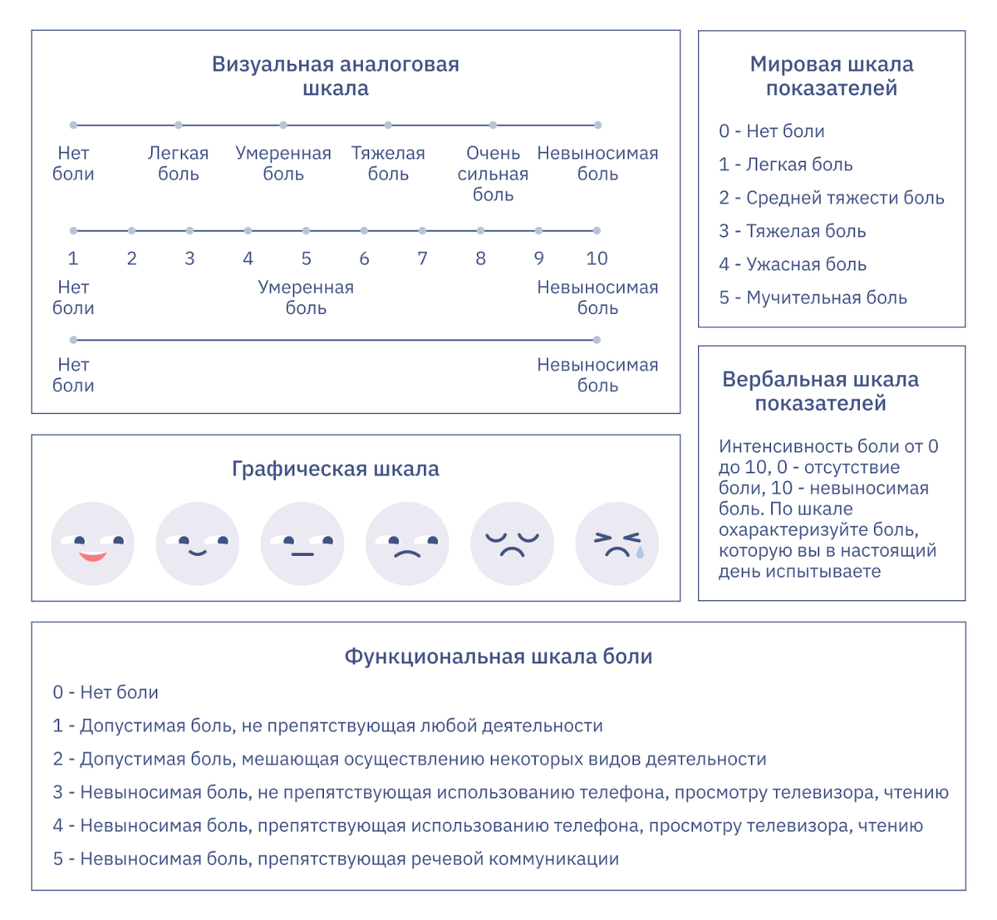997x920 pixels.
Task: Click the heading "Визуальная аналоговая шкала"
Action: tap(335, 76)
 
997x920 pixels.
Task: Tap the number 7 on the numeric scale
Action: tap(422, 258)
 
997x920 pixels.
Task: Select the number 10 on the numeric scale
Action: tap(597, 258)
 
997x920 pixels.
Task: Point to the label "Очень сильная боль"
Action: tap(493, 174)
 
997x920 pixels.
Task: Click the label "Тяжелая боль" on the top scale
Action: tap(388, 164)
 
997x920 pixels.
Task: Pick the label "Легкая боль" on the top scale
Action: tap(178, 164)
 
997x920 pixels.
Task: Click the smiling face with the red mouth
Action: tap(92, 544)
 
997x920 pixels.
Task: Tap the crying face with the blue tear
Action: tap(616, 544)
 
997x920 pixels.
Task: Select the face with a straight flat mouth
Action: tap(302, 544)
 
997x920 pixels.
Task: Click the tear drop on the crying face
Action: tap(639, 552)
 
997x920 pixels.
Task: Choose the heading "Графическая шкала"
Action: tap(335, 469)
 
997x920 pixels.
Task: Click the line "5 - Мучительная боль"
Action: tap(813, 298)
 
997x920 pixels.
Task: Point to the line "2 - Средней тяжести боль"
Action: tap(831, 198)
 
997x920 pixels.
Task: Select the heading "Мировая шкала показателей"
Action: tap(831, 76)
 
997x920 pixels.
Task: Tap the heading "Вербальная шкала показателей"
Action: tap(820, 391)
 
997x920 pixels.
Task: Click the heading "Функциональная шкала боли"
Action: tap(498, 657)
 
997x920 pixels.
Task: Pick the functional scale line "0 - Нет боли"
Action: tap(106, 692)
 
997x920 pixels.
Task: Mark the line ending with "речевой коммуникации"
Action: tap(336, 859)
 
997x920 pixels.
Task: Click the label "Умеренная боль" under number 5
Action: tap(306, 298)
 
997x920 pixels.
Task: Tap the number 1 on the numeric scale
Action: tap(73, 258)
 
